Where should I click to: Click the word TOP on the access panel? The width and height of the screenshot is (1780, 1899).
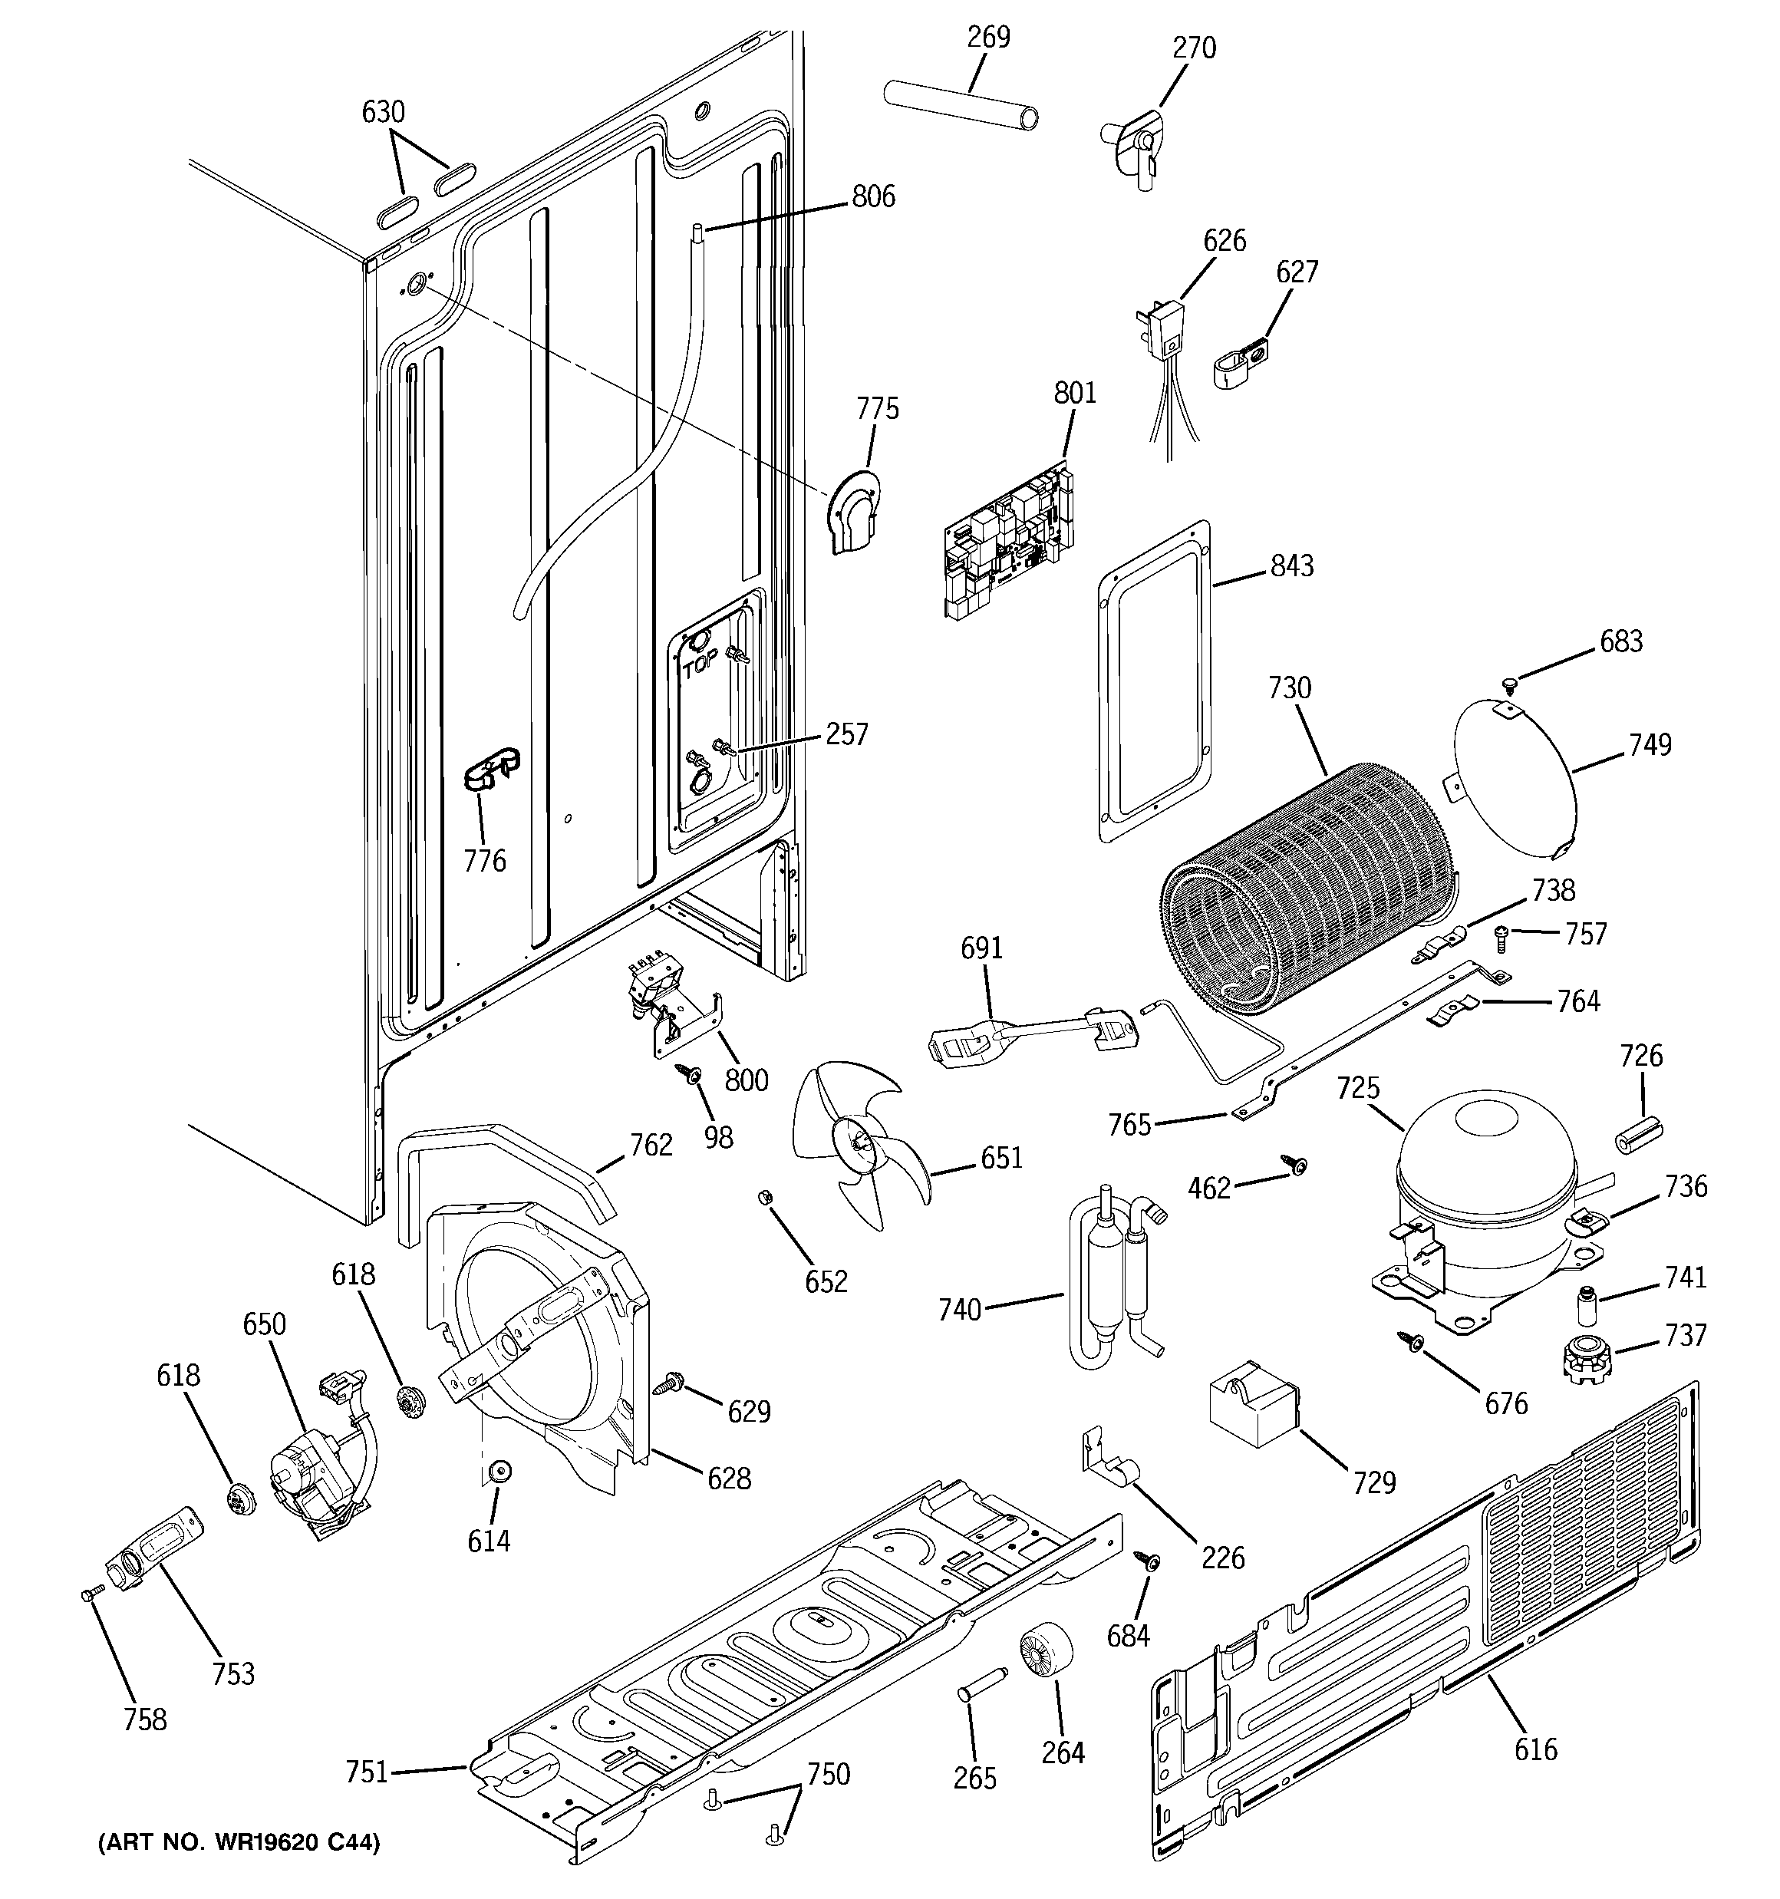(700, 667)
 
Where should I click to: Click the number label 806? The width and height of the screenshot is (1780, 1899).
(873, 196)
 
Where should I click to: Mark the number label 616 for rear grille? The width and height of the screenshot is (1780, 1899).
(1535, 1749)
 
